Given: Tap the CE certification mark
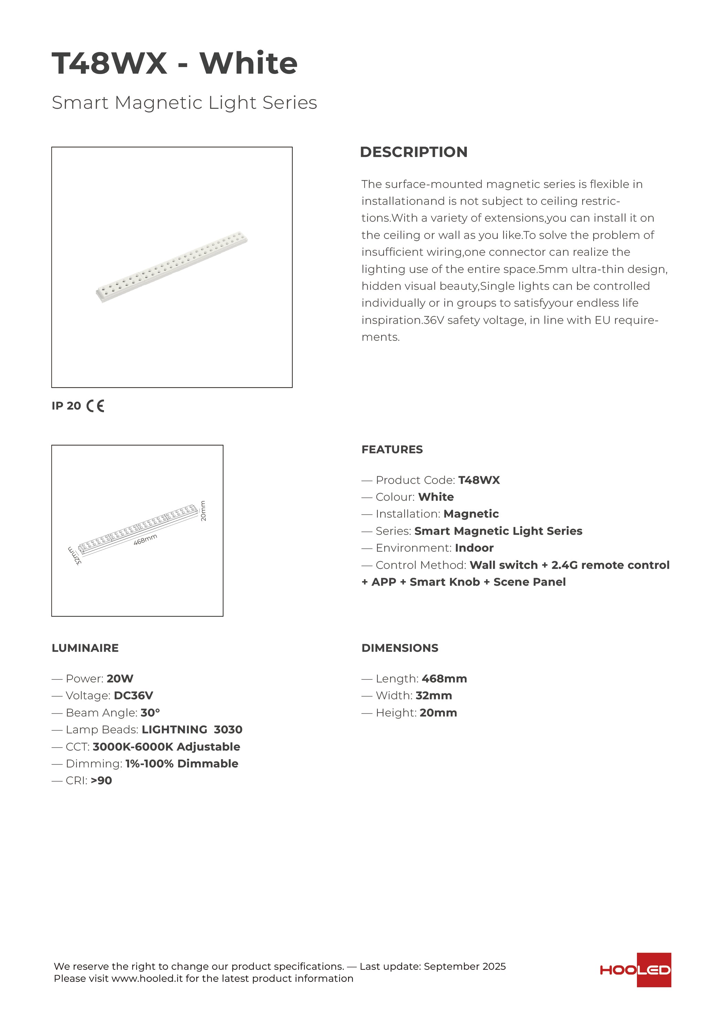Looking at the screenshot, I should (95, 406).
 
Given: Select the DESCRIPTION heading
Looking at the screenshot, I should (413, 152).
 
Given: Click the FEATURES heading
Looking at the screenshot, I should (392, 449).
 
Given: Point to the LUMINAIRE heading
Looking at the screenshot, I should (85, 648).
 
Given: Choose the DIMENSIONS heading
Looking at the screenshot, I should (400, 648).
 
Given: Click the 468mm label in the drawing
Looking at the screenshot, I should (145, 540).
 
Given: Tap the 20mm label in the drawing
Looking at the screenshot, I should (203, 511).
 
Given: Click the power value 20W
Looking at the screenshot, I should (120, 679).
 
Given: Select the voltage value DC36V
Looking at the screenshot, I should (133, 696).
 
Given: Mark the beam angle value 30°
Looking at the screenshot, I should (150, 713).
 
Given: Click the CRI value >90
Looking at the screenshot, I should (101, 781).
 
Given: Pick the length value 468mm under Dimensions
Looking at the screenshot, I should (444, 679).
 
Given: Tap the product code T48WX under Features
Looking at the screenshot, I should (479, 480).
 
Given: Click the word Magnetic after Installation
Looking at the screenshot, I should (471, 514).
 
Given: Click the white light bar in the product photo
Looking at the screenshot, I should (172, 267).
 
